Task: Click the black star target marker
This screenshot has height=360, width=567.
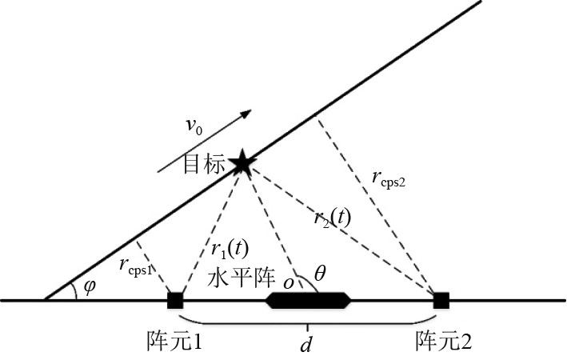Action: [x=242, y=163]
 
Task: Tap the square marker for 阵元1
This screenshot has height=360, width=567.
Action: [x=175, y=301]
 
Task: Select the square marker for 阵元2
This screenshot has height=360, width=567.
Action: [x=441, y=301]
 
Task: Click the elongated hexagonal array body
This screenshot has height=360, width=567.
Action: [x=308, y=301]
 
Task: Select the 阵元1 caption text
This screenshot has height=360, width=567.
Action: [x=174, y=339]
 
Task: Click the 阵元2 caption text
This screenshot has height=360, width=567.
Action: [x=443, y=339]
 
